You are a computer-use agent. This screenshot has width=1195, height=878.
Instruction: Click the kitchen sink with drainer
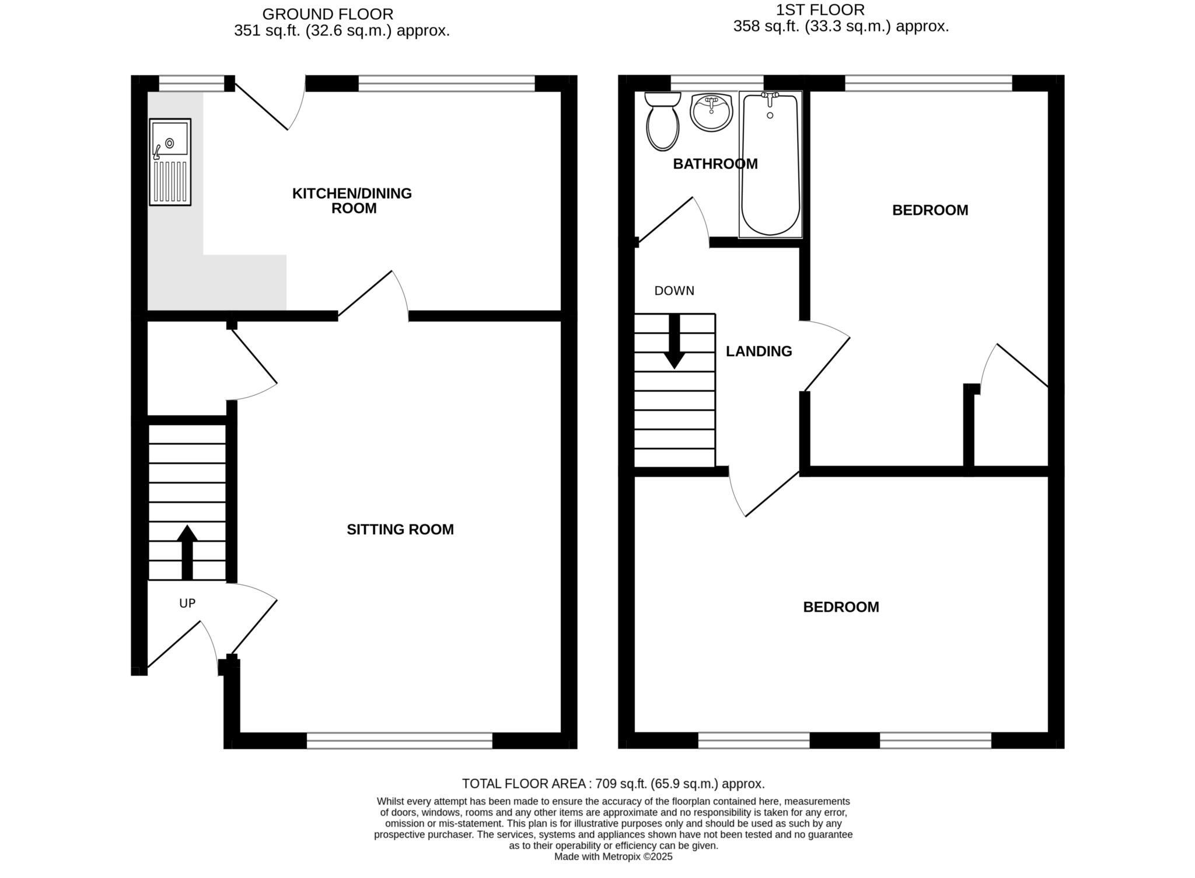pyautogui.click(x=170, y=162)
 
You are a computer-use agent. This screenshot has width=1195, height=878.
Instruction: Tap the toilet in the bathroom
pyautogui.click(x=663, y=123)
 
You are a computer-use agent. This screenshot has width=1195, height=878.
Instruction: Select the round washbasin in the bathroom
pyautogui.click(x=711, y=112)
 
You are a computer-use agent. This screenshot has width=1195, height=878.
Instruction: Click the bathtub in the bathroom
pyautogui.click(x=770, y=165)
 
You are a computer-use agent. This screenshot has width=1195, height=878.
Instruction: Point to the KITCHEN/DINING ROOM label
pyautogui.click(x=352, y=201)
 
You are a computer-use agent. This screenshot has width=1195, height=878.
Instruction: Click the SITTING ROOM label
pyautogui.click(x=400, y=529)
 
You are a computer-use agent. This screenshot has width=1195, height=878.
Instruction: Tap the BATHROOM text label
pyautogui.click(x=715, y=164)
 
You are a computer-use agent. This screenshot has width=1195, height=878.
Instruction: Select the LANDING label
pyautogui.click(x=759, y=351)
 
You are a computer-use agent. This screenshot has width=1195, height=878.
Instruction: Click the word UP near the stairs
pyautogui.click(x=187, y=604)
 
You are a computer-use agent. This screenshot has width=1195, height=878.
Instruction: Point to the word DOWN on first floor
pyautogui.click(x=674, y=291)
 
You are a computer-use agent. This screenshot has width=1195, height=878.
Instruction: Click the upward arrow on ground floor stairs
pyautogui.click(x=187, y=552)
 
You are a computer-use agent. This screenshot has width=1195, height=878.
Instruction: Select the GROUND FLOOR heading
pyautogui.click(x=327, y=14)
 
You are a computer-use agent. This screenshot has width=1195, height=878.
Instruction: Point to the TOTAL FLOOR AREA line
pyautogui.click(x=613, y=783)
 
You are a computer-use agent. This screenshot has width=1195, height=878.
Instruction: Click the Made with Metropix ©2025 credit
pyautogui.click(x=613, y=856)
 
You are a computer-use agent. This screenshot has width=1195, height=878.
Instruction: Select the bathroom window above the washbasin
pyautogui.click(x=717, y=83)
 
